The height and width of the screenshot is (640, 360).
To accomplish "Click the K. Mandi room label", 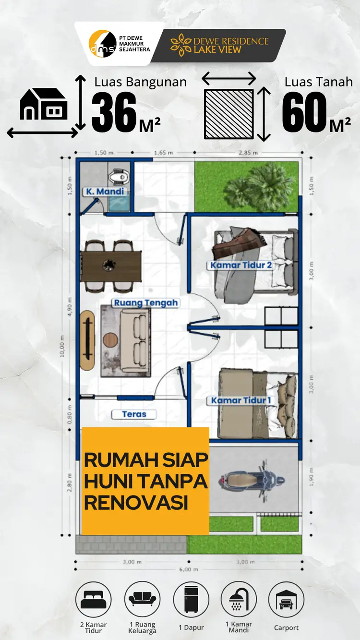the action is (105, 192).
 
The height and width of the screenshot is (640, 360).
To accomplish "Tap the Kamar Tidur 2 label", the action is (241, 265).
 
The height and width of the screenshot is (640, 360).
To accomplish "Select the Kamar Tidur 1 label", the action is (241, 400).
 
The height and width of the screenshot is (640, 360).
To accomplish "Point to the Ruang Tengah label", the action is (146, 303).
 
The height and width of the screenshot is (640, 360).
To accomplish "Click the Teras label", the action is (134, 414).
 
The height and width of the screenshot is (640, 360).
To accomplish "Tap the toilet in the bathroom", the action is (118, 176).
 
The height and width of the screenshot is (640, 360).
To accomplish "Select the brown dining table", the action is (111, 266).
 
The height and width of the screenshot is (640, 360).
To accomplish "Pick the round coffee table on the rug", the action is (110, 340).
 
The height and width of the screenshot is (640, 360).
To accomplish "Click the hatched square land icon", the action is (229, 114).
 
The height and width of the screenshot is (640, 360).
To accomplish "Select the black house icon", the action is (44, 104).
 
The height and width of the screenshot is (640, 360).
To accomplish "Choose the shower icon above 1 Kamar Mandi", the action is (239, 599).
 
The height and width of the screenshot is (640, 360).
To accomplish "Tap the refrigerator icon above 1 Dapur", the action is (191, 599).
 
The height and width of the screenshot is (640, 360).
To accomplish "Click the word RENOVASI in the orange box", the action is (136, 511).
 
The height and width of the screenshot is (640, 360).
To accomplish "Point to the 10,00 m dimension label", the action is (62, 346).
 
